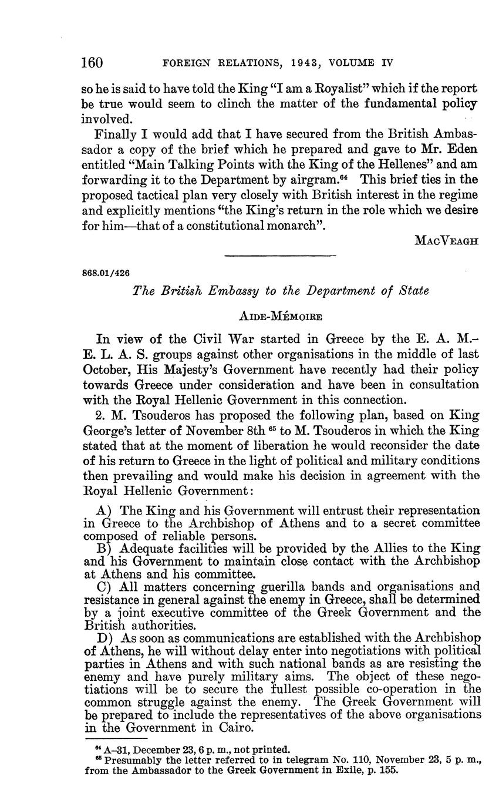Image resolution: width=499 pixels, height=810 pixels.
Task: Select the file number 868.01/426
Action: click(x=106, y=273)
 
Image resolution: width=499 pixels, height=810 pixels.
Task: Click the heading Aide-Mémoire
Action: click(x=281, y=317)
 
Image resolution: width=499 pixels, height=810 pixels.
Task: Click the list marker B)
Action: click(x=104, y=549)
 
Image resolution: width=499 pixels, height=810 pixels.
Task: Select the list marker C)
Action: click(x=104, y=586)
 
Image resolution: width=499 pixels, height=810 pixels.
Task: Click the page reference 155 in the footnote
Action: click(x=388, y=770)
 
